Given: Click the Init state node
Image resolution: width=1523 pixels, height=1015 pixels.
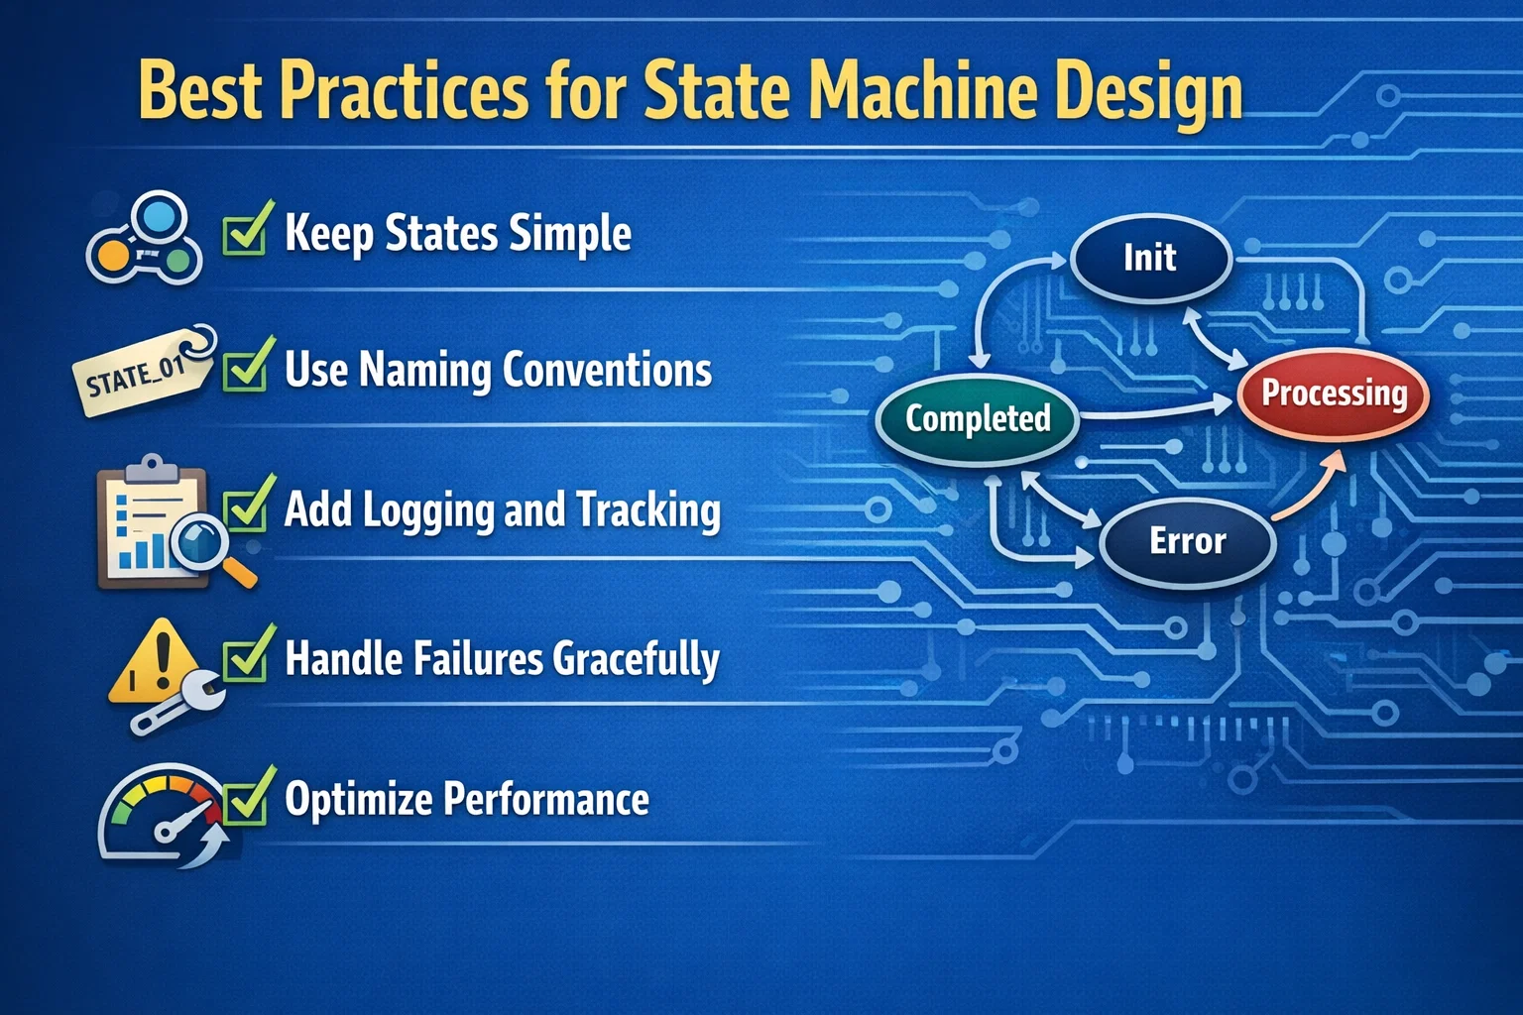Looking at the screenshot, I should [x=1150, y=259].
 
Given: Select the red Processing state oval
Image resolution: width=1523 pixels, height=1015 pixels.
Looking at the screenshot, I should [x=1334, y=394].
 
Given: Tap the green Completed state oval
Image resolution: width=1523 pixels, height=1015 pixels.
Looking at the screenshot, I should [x=978, y=418].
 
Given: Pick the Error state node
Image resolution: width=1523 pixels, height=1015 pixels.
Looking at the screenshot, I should [x=1187, y=541].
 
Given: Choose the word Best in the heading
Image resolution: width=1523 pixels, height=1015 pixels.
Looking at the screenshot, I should [x=200, y=91].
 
